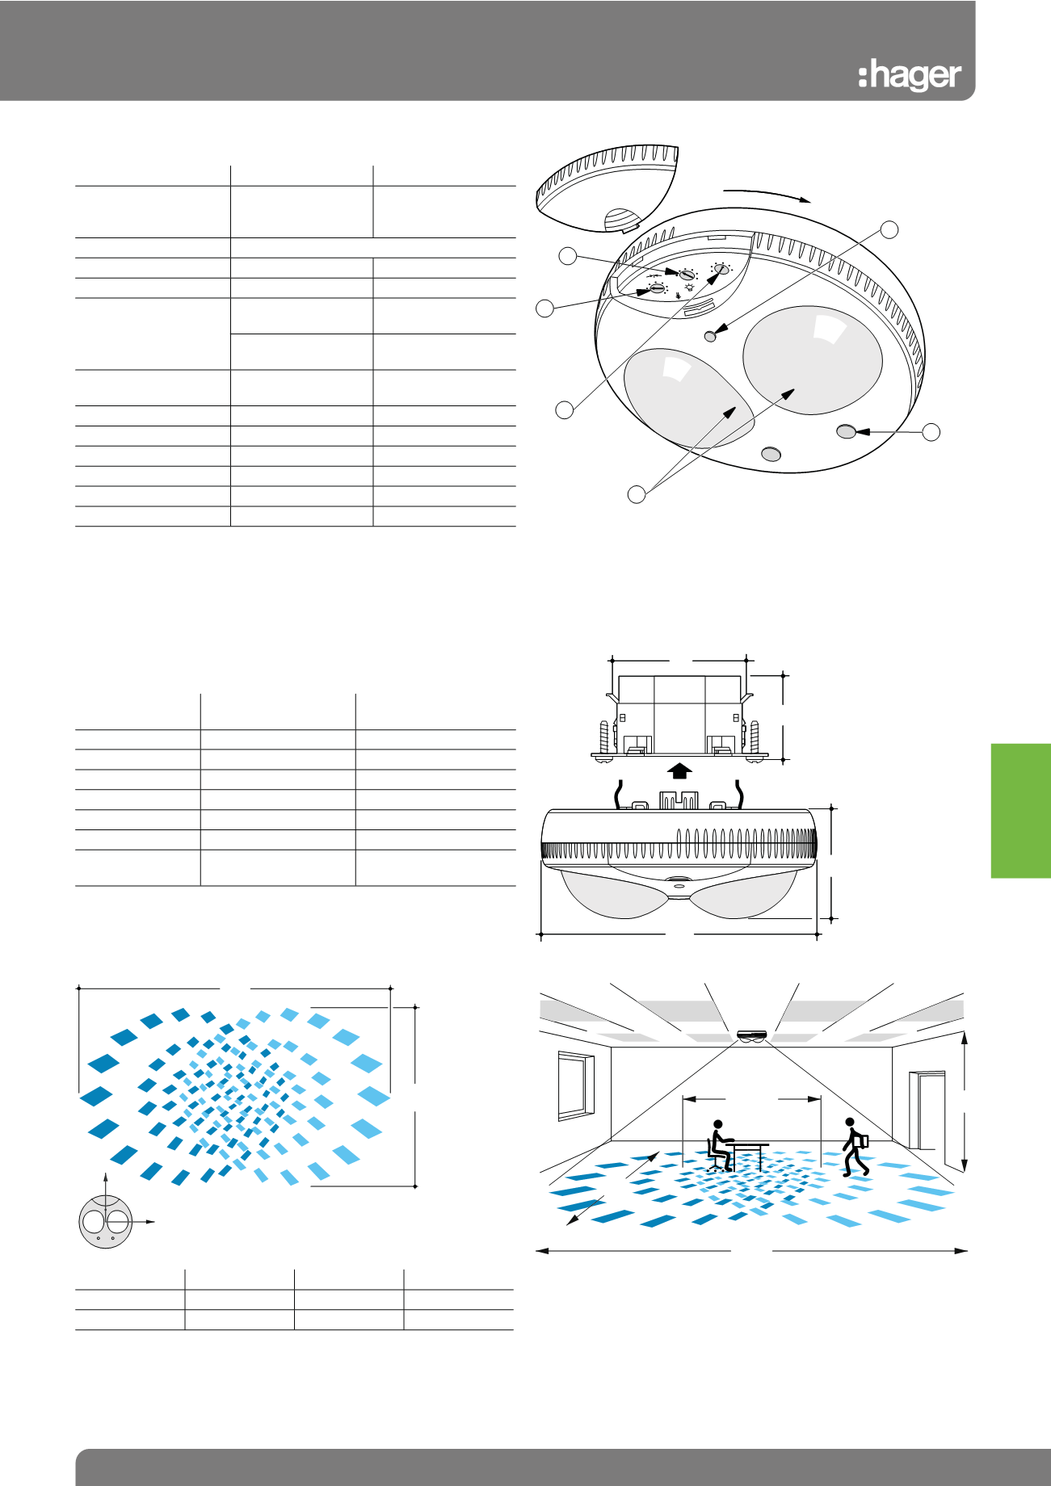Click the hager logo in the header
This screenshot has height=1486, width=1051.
tap(910, 76)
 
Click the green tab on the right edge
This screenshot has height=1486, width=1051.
tap(1021, 810)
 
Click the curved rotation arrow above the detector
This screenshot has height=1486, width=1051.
tap(767, 194)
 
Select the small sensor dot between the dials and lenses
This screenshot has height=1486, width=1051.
tap(711, 336)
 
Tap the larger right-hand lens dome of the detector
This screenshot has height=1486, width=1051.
tap(811, 360)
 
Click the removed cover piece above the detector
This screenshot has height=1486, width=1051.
tap(607, 189)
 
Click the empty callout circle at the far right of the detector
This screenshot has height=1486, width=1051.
tap(931, 432)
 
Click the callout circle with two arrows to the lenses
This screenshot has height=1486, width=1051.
tap(637, 493)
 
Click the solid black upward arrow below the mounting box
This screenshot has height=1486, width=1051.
tap(680, 770)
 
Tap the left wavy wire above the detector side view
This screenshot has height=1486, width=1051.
tap(620, 793)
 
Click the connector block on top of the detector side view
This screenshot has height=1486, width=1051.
tap(679, 800)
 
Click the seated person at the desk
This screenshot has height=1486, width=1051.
tap(719, 1145)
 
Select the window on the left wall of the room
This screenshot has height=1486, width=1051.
tap(576, 1086)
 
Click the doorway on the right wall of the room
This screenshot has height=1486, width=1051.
tap(927, 1110)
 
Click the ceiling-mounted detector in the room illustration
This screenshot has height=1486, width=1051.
tap(754, 1036)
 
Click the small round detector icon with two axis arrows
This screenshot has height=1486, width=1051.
tap(106, 1222)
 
